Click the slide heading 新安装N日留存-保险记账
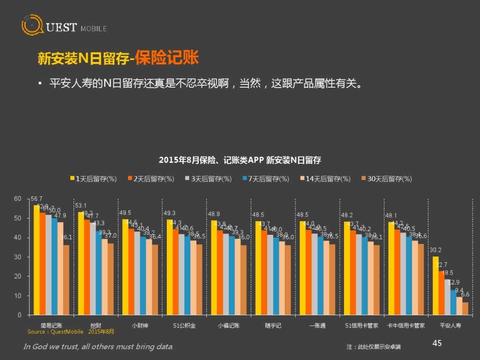[x=118, y=59]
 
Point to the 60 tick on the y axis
[x=18, y=199]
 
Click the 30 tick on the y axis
[x=18, y=257]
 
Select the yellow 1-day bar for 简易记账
[x=37, y=260]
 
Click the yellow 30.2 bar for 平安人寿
[x=435, y=285]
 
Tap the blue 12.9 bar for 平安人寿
[x=453, y=302]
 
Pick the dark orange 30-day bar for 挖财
[x=111, y=279]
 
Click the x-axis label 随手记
[x=273, y=325]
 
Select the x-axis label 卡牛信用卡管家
[x=406, y=325]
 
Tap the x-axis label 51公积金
[x=184, y=325]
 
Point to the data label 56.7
[x=37, y=199]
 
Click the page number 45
[x=436, y=344]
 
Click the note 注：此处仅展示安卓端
[x=374, y=347]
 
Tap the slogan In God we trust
[x=98, y=347]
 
